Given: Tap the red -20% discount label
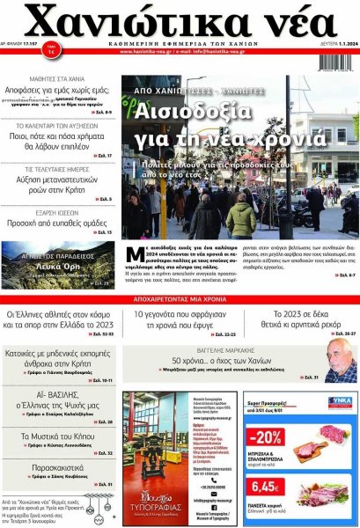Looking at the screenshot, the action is pos(265,436).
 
